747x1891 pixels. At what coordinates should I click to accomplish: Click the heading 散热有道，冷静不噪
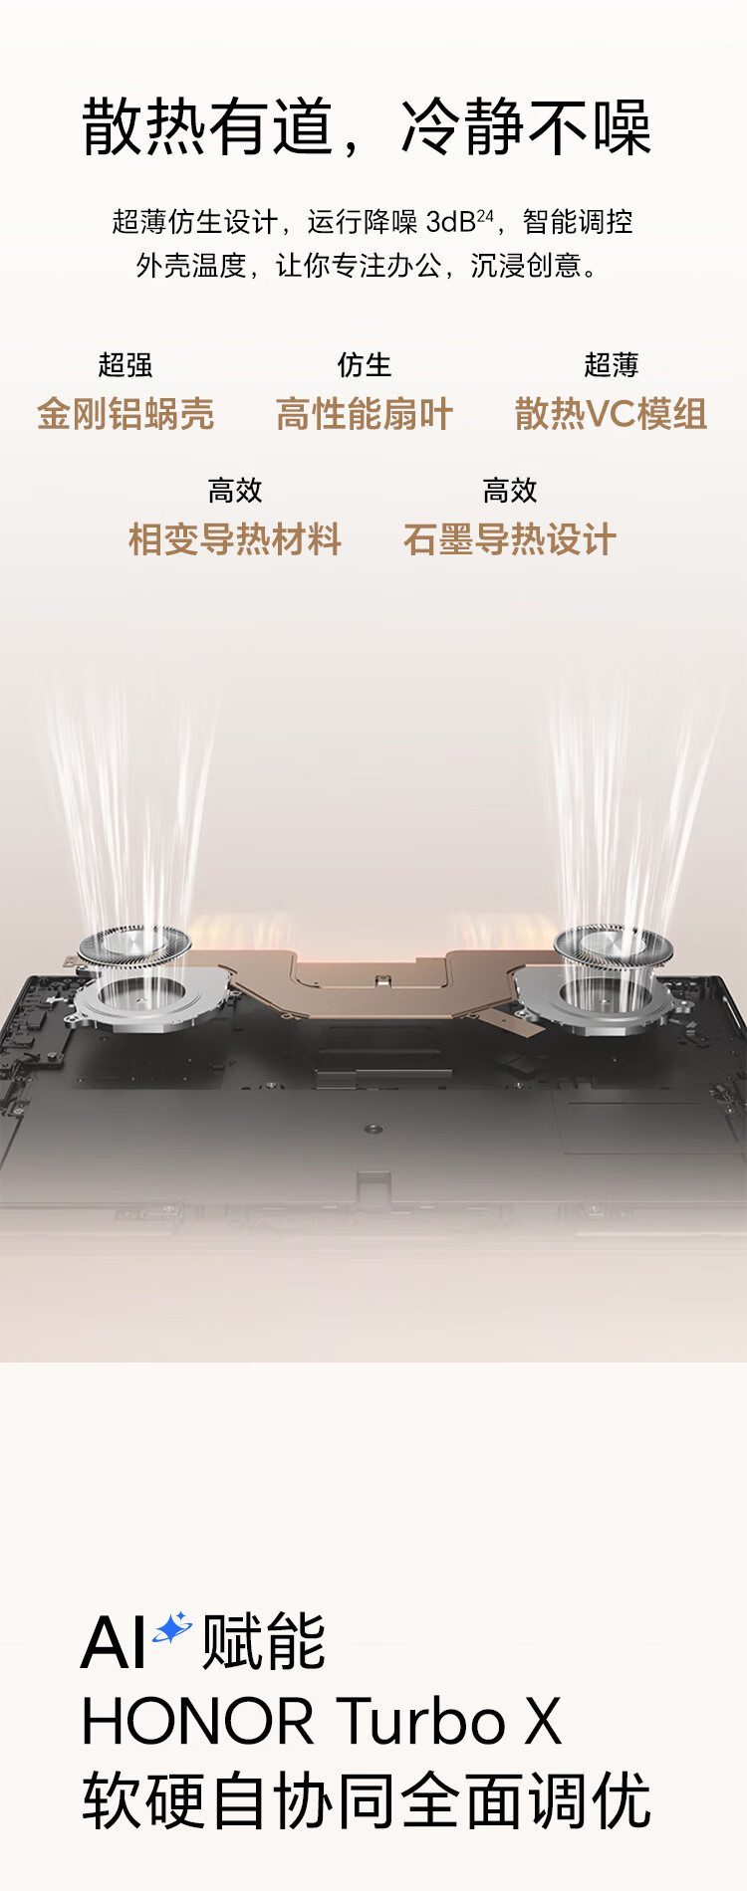tap(367, 127)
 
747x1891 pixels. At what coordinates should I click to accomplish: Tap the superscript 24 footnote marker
tap(485, 215)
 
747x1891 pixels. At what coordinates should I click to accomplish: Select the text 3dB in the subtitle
tap(450, 222)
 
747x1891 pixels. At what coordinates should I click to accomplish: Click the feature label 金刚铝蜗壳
tap(125, 414)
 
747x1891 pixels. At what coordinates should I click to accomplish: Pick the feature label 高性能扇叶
tap(365, 414)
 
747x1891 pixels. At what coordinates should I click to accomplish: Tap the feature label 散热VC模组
tap(611, 414)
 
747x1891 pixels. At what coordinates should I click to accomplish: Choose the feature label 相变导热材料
tap(235, 539)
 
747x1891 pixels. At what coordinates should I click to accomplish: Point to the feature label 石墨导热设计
tap(510, 539)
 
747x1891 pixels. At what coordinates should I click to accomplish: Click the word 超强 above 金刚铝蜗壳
tap(125, 365)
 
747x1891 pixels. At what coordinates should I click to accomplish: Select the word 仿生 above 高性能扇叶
tap(365, 365)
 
